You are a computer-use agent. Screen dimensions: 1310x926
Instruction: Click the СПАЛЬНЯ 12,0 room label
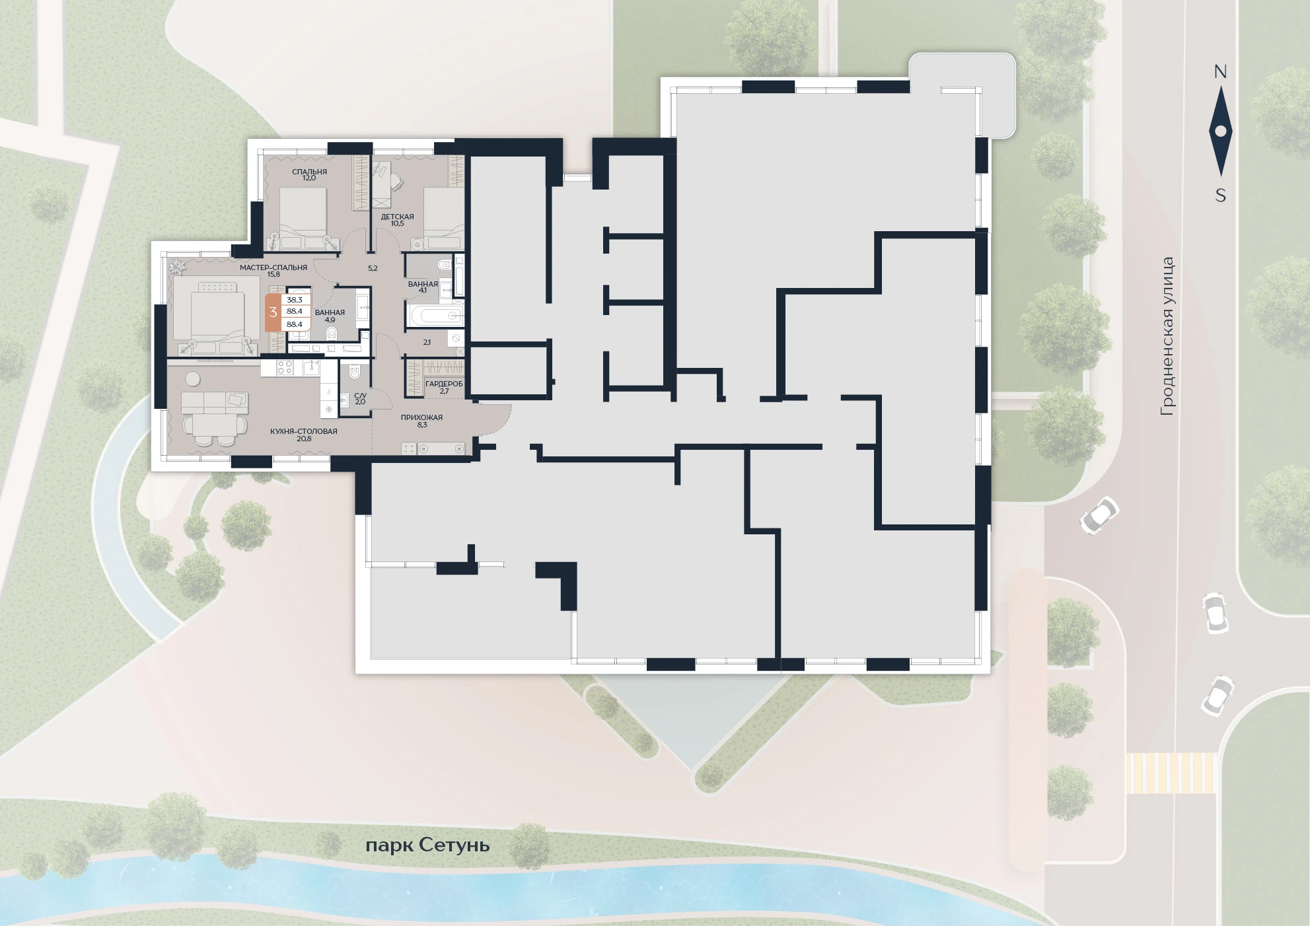(x=309, y=175)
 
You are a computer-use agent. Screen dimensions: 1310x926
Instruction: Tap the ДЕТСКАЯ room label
(x=397, y=217)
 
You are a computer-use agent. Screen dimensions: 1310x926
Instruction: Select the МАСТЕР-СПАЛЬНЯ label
(x=273, y=267)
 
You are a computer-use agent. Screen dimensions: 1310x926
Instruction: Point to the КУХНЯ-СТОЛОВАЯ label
(x=303, y=431)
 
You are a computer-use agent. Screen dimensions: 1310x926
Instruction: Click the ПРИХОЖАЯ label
(x=421, y=417)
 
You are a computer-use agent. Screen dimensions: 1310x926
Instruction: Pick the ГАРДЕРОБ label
(x=444, y=384)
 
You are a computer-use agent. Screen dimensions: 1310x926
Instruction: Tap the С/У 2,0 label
(x=360, y=398)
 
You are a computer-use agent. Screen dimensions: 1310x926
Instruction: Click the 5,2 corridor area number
(x=373, y=268)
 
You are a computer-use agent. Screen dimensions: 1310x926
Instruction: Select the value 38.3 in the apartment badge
(x=295, y=300)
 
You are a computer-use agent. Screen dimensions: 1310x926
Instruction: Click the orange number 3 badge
(x=273, y=312)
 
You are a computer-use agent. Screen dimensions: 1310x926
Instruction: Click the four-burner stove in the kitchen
(x=284, y=367)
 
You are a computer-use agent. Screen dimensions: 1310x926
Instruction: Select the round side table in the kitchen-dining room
(x=193, y=378)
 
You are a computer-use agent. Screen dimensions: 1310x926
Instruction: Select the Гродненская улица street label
(x=1167, y=337)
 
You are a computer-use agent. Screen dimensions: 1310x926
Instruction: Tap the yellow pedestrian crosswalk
(x=1171, y=773)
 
